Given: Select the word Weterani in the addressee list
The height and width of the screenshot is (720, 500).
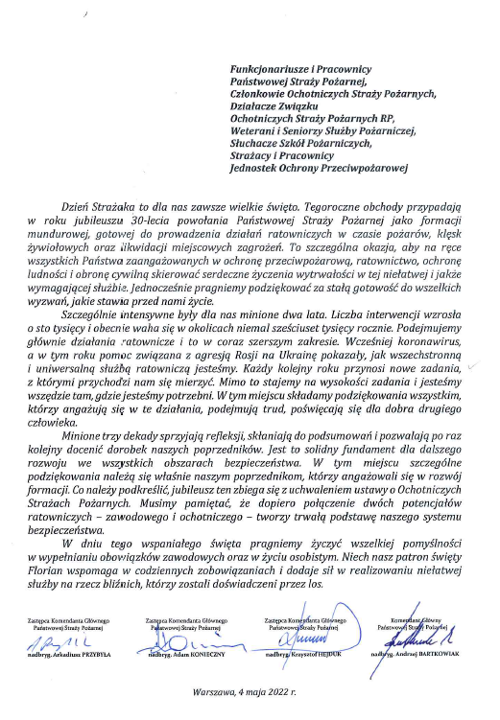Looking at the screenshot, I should [258, 129].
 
